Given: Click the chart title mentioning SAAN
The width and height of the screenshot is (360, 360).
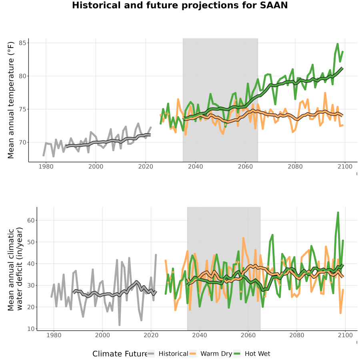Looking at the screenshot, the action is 180,5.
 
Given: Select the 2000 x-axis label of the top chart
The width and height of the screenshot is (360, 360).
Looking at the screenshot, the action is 96,166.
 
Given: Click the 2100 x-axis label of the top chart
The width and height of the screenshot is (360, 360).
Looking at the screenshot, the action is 345,166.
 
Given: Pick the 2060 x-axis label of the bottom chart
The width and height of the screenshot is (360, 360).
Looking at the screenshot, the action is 248,335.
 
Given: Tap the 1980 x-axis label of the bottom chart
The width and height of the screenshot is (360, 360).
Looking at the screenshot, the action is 54,335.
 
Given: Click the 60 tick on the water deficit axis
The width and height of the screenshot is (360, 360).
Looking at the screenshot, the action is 31,220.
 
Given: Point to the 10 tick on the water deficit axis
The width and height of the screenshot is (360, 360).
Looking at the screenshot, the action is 31,329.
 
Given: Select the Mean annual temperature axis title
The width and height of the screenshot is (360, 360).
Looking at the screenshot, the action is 11,100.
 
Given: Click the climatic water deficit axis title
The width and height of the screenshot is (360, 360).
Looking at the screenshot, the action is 15,269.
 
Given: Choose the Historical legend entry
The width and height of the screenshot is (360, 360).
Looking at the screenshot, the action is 168,354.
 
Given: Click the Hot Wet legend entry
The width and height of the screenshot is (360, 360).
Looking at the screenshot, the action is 252,354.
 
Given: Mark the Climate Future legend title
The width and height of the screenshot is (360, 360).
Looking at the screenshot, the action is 120,354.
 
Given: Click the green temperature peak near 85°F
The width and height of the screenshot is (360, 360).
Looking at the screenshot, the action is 338,44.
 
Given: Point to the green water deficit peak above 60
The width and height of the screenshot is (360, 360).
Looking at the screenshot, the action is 338,212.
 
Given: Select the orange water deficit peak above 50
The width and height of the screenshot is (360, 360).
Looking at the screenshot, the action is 243,238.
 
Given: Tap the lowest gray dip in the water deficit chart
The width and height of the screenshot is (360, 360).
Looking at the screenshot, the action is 119,325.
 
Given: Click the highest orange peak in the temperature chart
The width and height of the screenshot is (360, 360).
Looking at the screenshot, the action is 325,93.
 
